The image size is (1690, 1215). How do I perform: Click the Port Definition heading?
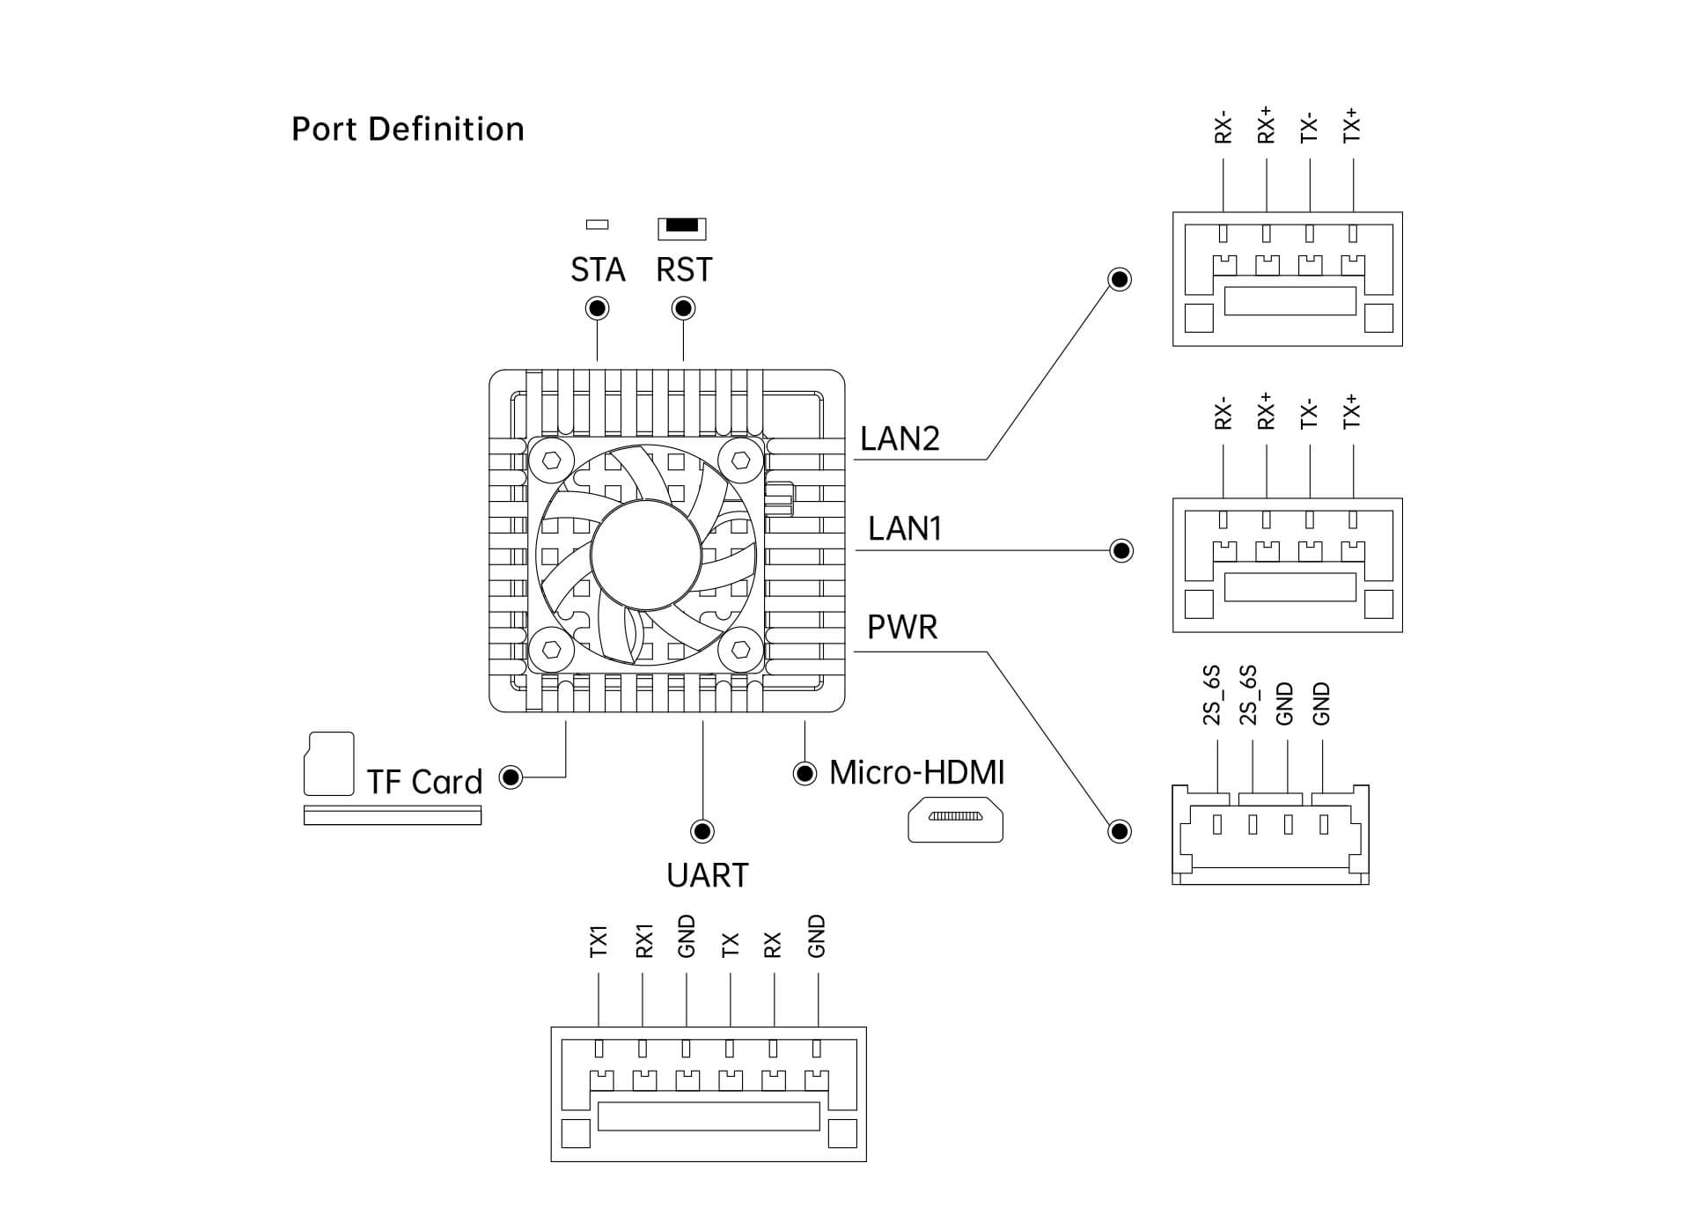[408, 129]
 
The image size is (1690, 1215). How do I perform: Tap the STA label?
[598, 269]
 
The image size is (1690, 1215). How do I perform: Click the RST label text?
[684, 269]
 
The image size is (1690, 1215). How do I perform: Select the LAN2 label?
[900, 438]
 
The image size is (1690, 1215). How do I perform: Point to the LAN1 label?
[905, 528]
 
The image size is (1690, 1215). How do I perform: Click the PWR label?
[902, 627]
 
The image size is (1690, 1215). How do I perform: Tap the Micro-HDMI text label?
[916, 772]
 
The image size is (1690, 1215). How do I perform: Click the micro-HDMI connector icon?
[955, 819]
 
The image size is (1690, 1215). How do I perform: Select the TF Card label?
[424, 782]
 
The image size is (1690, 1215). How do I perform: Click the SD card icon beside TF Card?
[328, 763]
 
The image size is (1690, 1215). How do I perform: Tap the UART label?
[708, 875]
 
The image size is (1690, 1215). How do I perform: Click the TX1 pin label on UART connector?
[599, 941]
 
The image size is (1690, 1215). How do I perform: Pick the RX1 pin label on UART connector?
[643, 940]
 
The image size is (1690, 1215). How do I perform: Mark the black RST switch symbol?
[682, 226]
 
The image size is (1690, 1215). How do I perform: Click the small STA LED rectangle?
[598, 225]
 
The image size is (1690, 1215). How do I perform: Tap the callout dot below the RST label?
[683, 308]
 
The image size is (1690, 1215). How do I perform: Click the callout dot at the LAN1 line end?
[1121, 551]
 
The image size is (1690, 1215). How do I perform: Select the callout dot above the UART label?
[702, 831]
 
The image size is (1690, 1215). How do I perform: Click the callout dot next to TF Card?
[511, 777]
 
